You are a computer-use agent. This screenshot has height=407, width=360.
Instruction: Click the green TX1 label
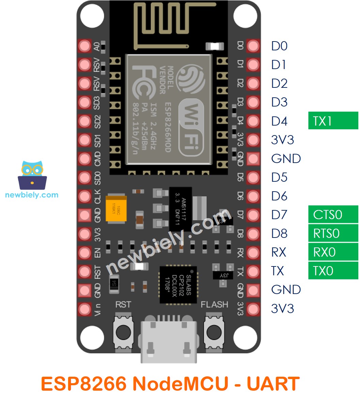333,120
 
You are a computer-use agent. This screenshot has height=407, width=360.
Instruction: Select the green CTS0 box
333,214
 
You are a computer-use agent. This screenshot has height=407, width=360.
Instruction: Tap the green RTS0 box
333,233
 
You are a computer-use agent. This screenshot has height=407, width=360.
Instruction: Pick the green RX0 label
333,252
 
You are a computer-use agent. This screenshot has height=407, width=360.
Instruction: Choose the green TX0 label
333,271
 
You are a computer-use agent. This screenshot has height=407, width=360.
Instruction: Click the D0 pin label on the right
279,46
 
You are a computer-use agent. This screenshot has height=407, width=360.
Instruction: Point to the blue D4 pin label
279,121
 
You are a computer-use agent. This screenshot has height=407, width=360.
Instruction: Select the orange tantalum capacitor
116,210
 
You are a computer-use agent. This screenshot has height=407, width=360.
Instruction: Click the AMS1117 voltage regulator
180,208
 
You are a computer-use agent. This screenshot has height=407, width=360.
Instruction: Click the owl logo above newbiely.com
32,175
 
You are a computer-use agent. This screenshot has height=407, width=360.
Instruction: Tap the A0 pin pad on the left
84,46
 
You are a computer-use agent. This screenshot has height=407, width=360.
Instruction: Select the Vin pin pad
84,309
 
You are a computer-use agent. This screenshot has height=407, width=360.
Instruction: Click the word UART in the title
273,384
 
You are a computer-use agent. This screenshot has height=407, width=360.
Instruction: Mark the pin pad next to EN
84,253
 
